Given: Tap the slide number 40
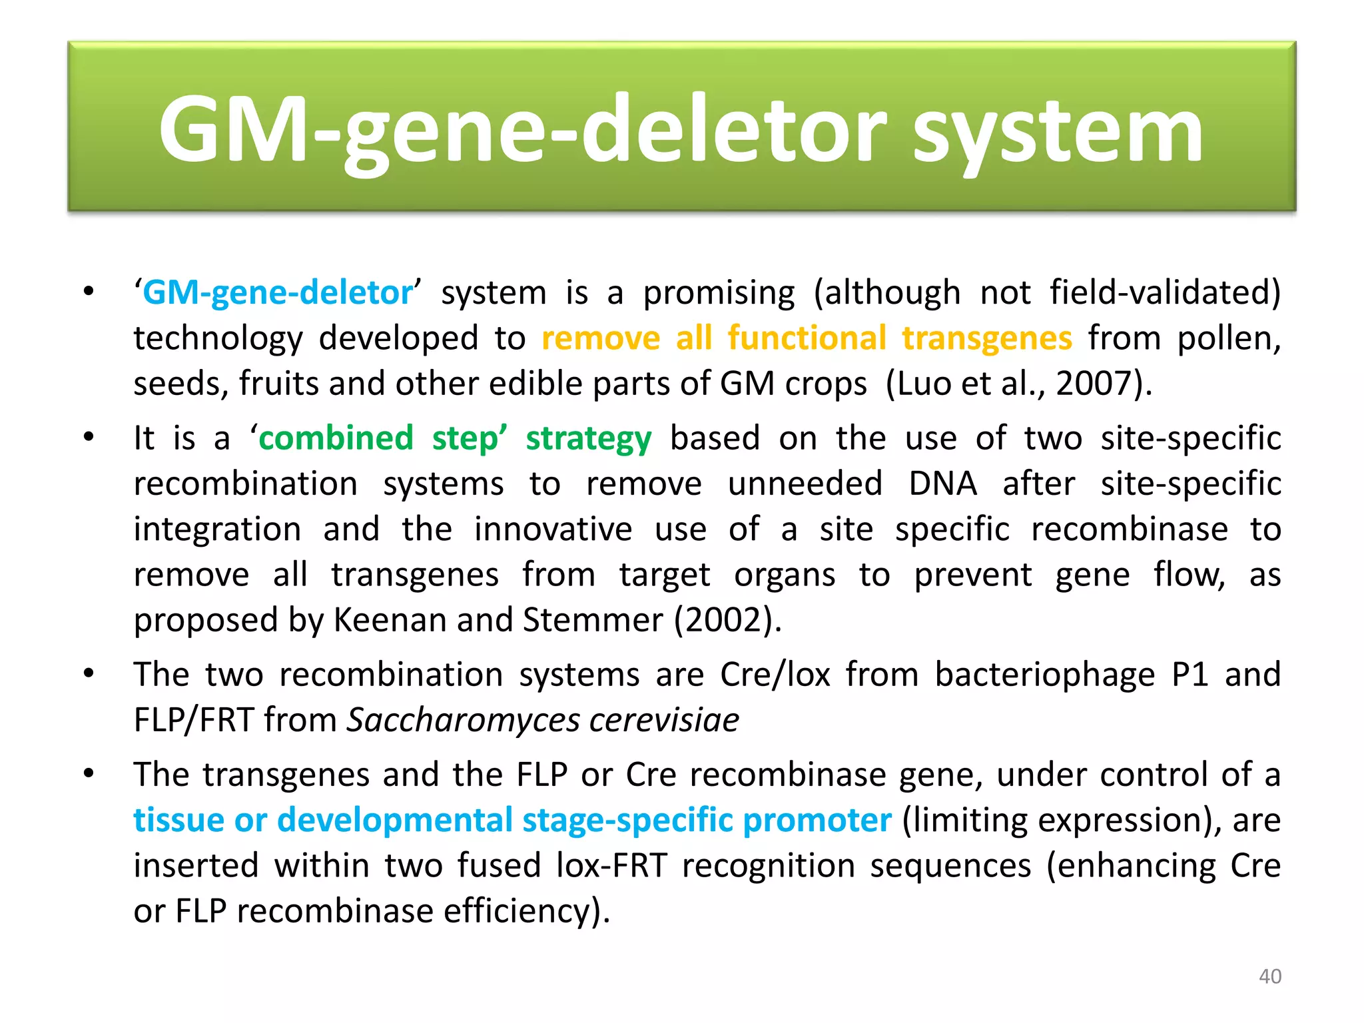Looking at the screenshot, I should pyautogui.click(x=1270, y=976).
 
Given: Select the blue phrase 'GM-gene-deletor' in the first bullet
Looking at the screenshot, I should pyautogui.click(x=278, y=293).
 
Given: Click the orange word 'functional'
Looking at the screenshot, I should pyautogui.click(x=807, y=338).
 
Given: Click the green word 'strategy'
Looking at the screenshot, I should pyautogui.click(x=588, y=439).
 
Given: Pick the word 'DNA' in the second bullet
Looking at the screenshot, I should pyautogui.click(x=942, y=484).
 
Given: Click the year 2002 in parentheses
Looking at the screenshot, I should pyautogui.click(x=725, y=620).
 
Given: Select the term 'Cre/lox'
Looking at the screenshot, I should pyautogui.click(x=775, y=675).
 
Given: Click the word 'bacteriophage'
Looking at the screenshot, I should pyautogui.click(x=1044, y=675).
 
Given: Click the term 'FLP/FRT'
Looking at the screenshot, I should pyautogui.click(x=194, y=721).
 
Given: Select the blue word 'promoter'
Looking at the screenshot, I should pyautogui.click(x=817, y=821).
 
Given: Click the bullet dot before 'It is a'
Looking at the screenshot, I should pyautogui.click(x=89, y=438).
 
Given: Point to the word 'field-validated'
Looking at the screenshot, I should pyautogui.click(x=1164, y=293).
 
